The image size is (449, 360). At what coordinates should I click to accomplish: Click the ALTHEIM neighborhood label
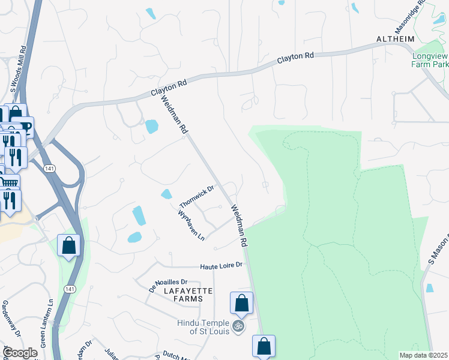(396, 39)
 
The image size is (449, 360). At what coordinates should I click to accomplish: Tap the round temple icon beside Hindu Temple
(238, 326)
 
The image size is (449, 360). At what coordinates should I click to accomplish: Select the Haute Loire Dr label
(221, 265)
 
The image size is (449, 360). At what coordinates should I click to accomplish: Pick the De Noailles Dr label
(168, 281)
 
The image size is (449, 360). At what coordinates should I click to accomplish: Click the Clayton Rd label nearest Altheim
(295, 59)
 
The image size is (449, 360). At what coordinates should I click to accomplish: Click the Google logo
(19, 353)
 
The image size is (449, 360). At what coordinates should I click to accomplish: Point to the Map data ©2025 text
(423, 355)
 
